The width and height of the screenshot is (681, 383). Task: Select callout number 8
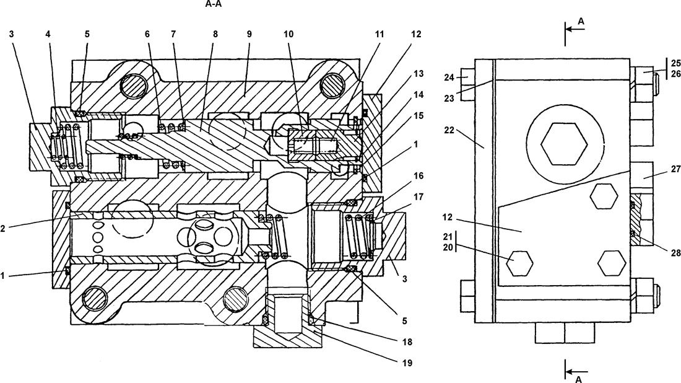click(215, 34)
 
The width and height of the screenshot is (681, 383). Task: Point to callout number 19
click(405, 362)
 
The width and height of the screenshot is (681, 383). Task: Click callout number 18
click(405, 341)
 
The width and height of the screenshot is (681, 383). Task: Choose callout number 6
click(147, 34)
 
